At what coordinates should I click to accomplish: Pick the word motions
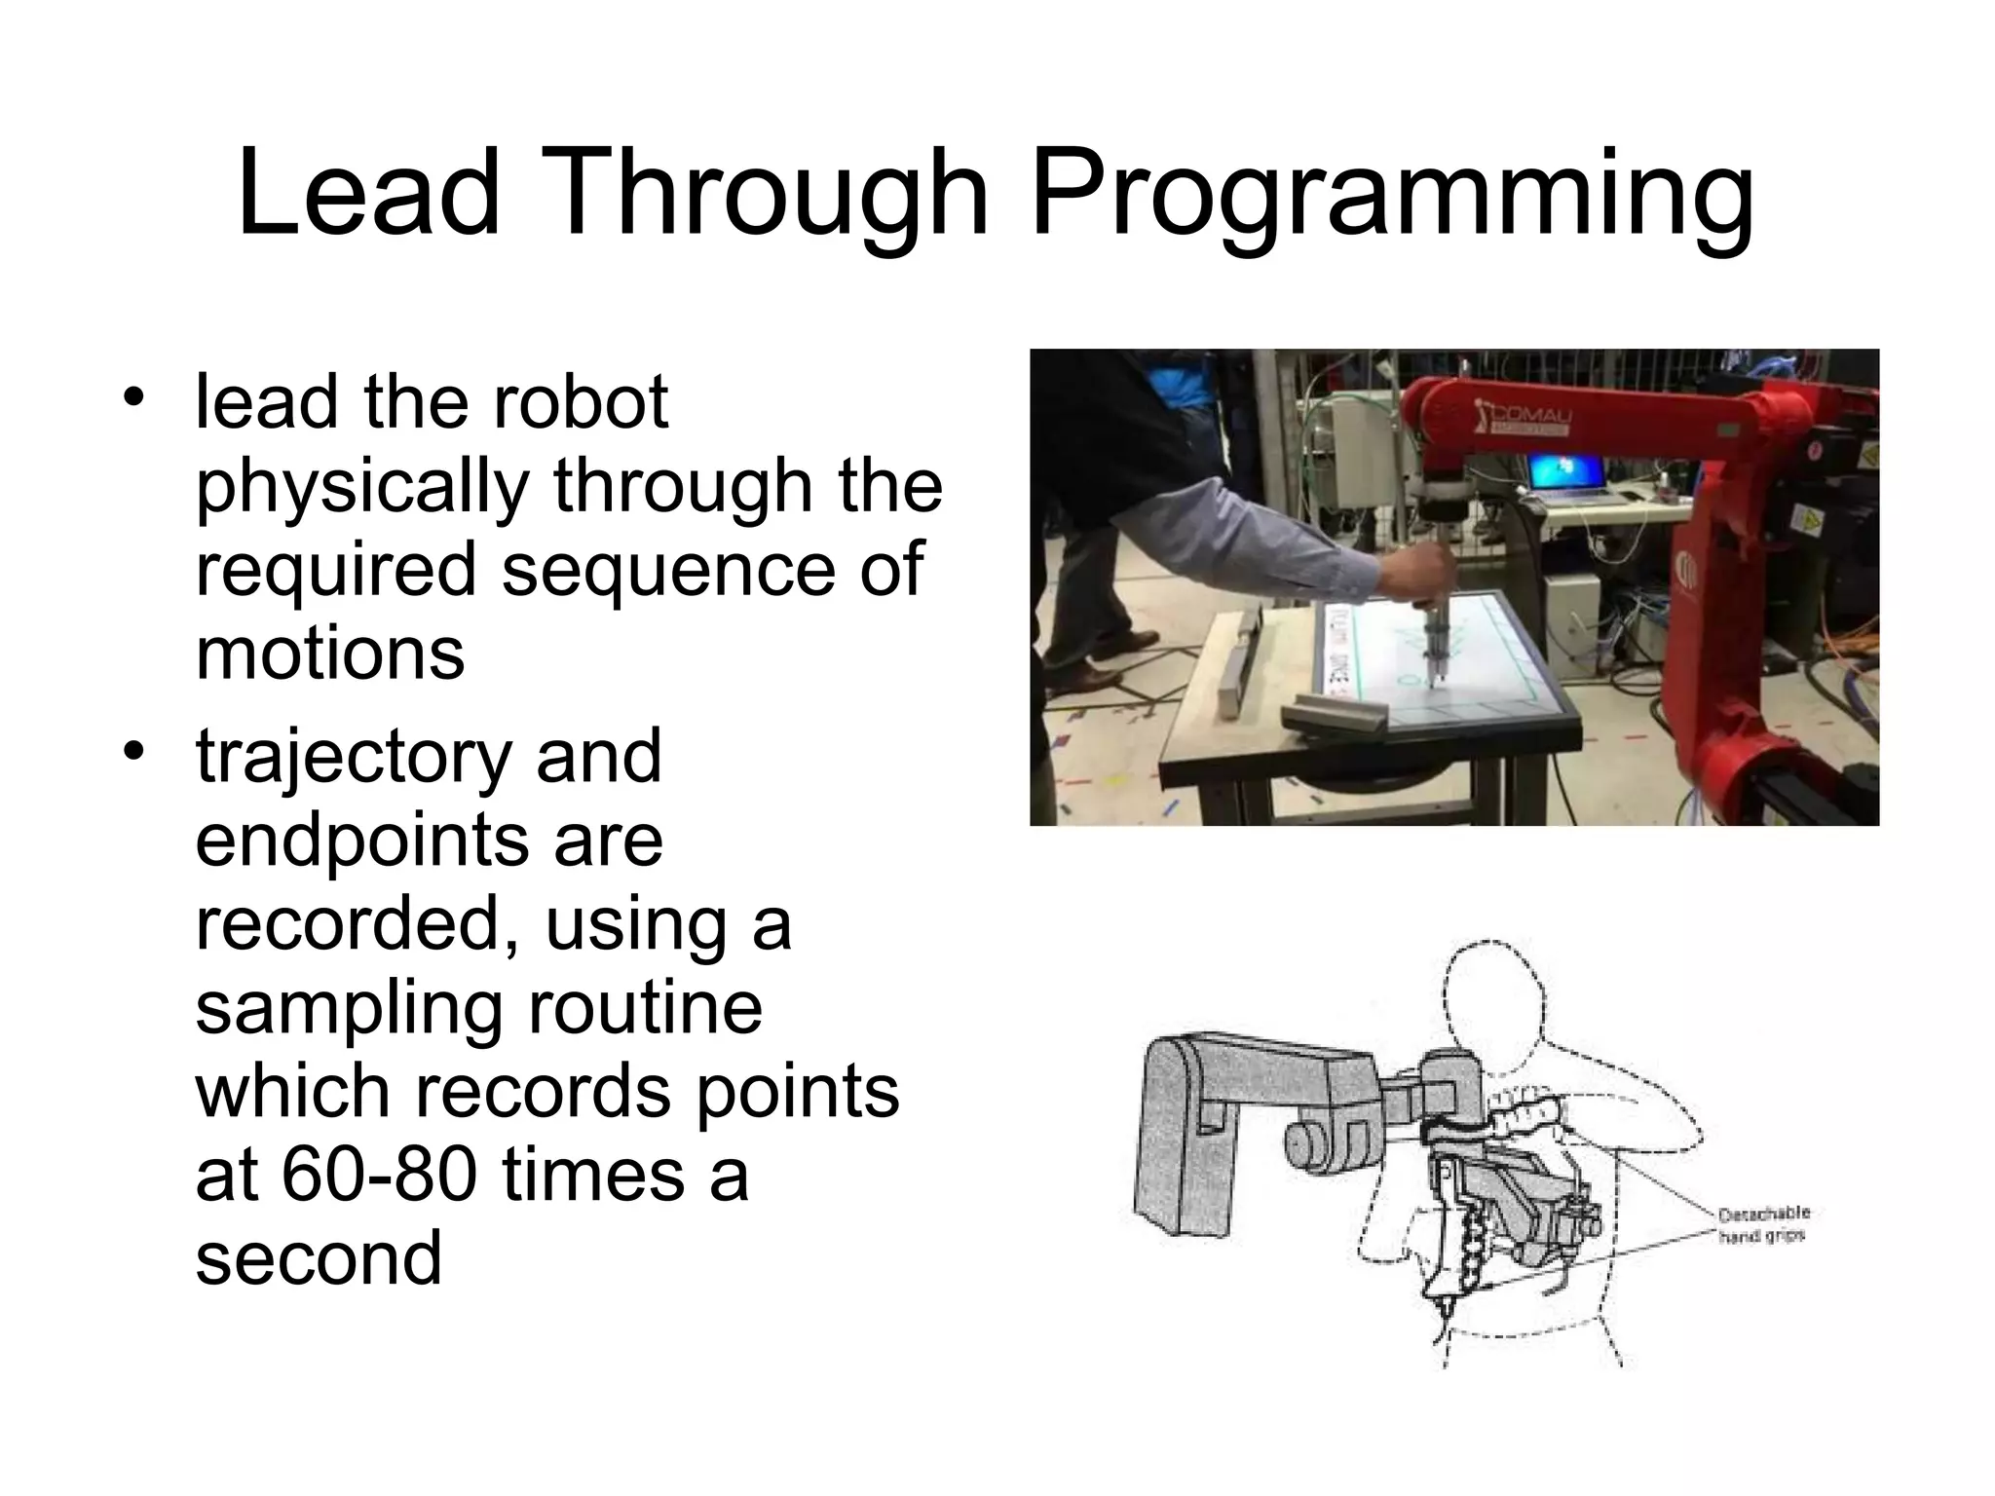click(330, 653)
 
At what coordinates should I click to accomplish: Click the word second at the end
click(319, 1257)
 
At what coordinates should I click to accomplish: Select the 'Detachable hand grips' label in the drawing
click(1763, 1224)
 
